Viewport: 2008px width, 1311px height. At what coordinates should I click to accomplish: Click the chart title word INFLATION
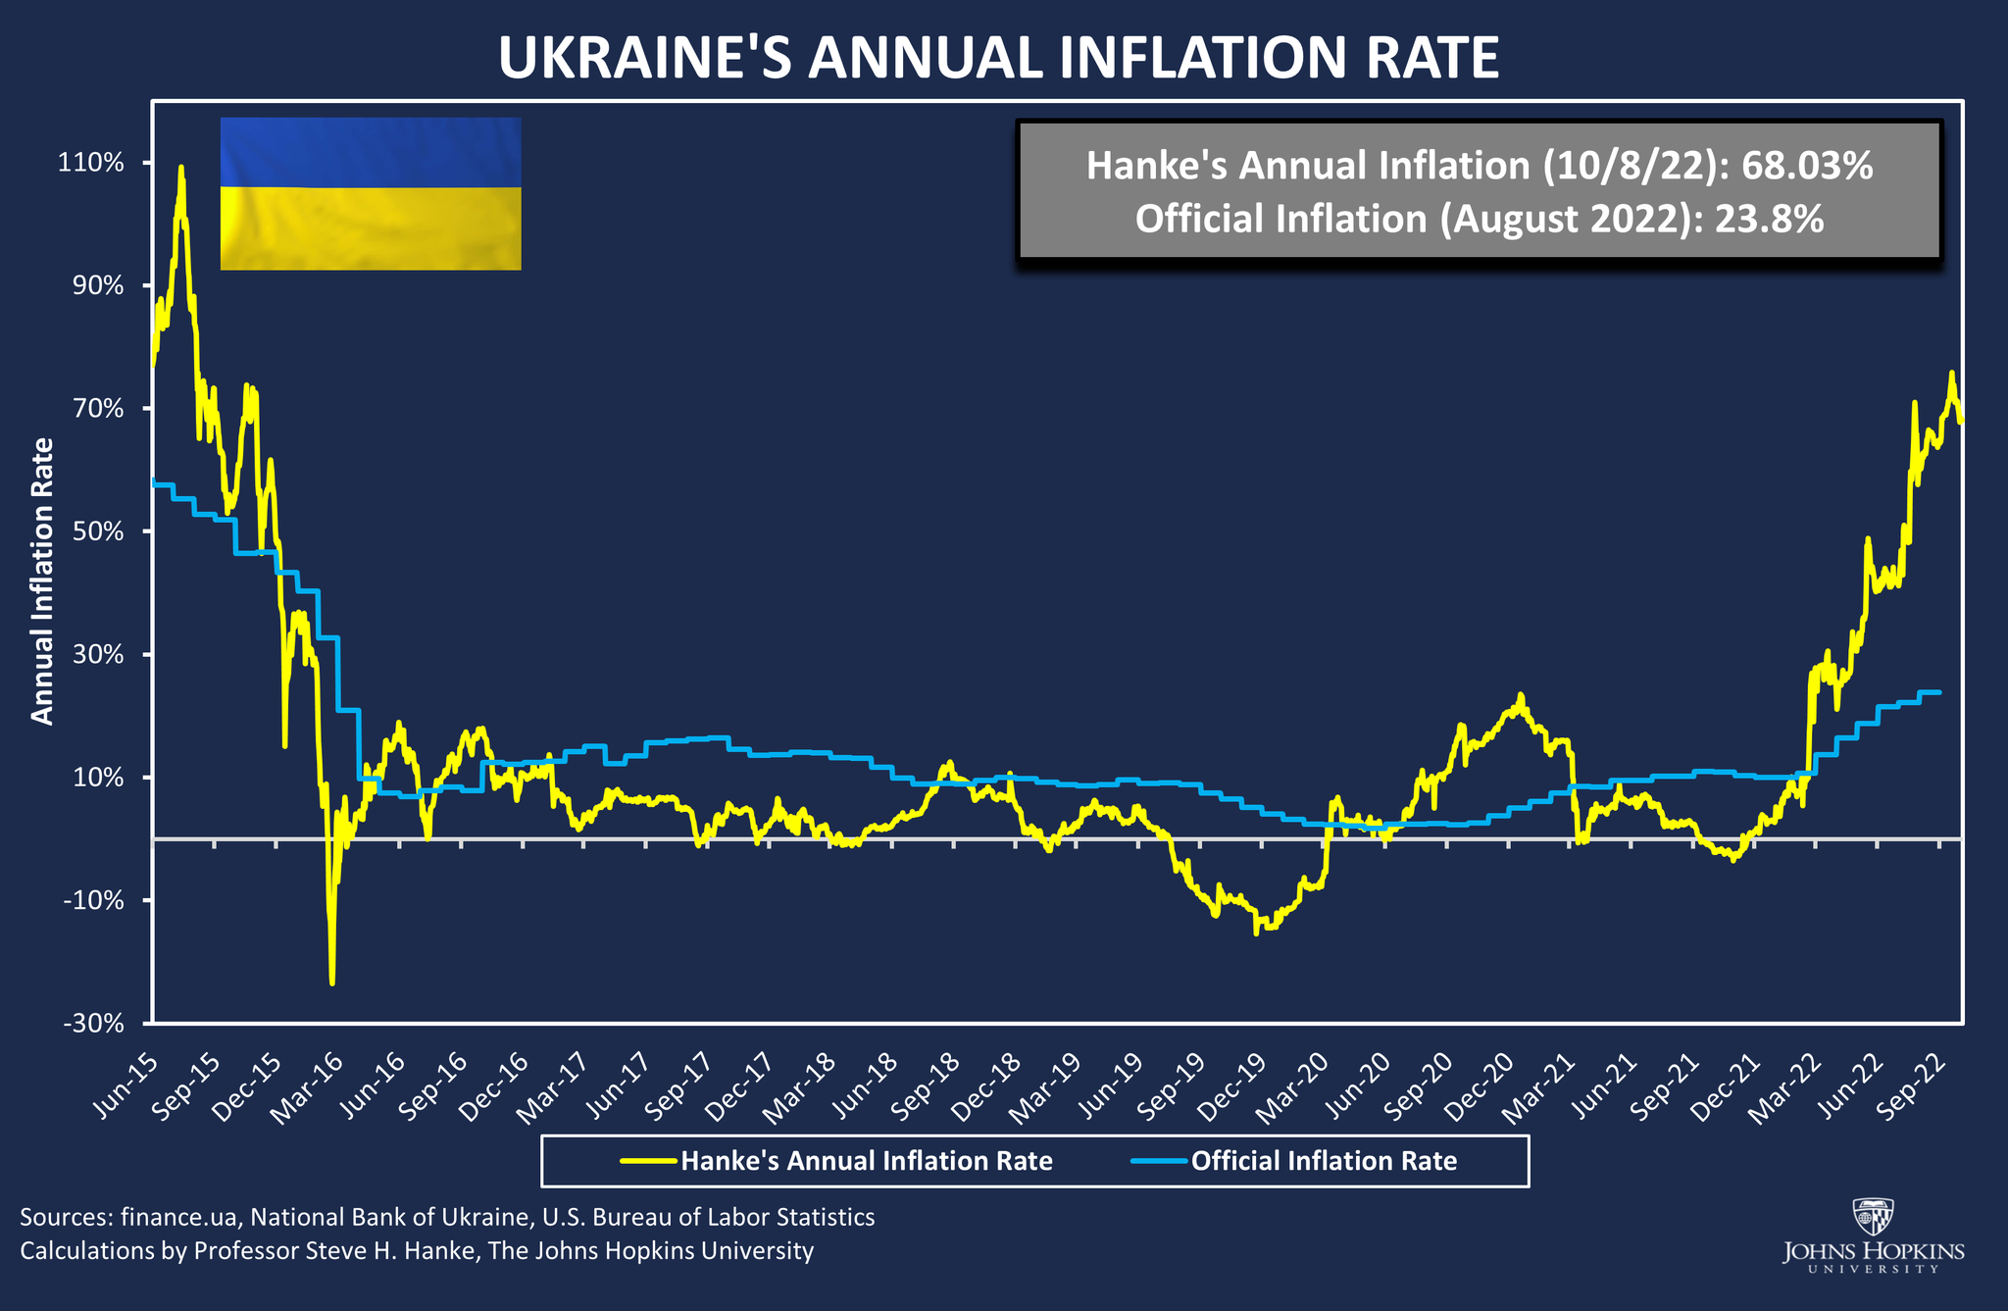(1201, 59)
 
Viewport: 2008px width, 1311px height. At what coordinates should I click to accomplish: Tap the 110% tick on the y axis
(94, 163)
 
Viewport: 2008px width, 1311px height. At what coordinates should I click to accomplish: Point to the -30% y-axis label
(94, 1025)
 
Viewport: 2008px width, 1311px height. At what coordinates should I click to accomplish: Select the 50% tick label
(98, 532)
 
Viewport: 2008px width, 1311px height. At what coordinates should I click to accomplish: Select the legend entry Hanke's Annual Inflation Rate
(866, 1161)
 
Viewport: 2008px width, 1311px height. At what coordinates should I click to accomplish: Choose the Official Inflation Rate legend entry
(1324, 1161)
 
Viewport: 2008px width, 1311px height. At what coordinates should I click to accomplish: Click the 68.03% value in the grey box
(1807, 167)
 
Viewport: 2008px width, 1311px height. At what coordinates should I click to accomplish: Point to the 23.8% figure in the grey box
(1769, 219)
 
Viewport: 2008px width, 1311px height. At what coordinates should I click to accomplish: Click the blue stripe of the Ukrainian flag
(371, 152)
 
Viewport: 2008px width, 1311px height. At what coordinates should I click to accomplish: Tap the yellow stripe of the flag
(371, 228)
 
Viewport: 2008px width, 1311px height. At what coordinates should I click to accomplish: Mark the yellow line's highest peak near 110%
(181, 168)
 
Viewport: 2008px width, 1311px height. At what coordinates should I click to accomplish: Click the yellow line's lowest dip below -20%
(332, 983)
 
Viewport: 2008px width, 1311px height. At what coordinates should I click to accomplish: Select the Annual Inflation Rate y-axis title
(42, 581)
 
